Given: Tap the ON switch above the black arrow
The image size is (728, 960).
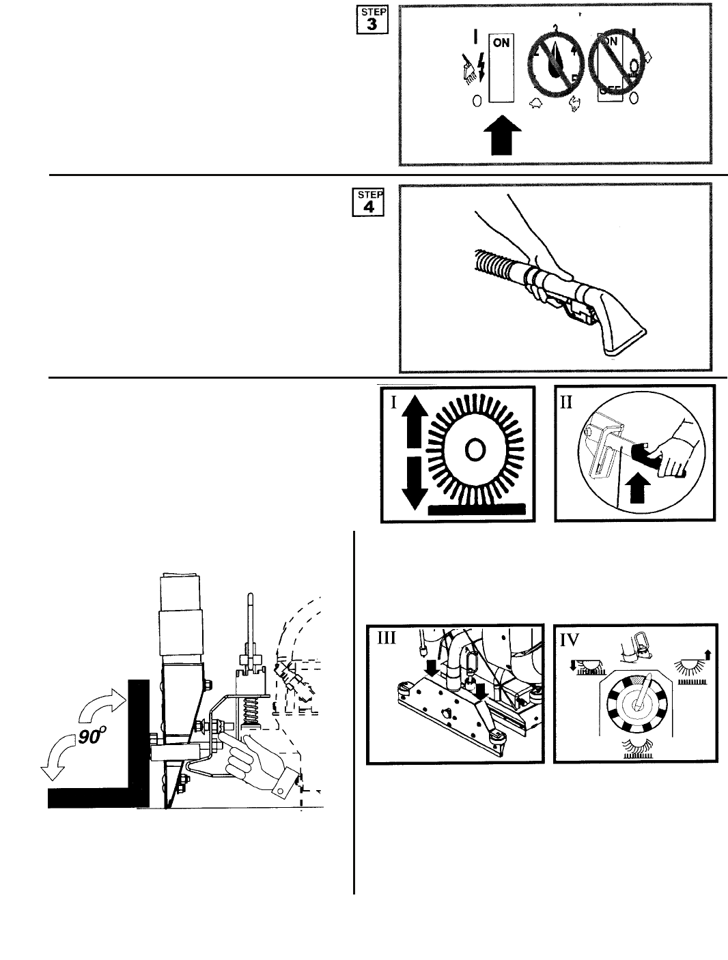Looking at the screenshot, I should point(501,68).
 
